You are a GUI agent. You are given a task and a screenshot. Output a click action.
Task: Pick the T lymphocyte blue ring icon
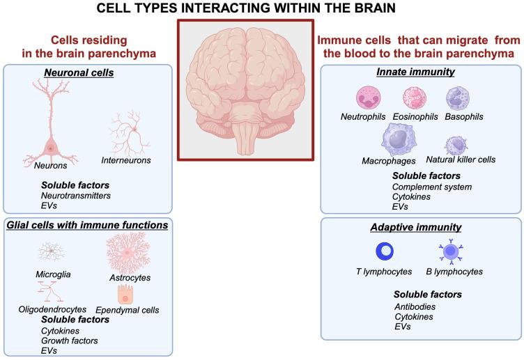(x=385, y=251)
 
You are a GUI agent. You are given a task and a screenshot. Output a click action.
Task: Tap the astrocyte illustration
(x=127, y=252)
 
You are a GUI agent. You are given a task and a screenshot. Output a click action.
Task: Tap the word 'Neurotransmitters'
(x=76, y=196)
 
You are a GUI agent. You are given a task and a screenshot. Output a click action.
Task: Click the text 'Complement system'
(x=432, y=187)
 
